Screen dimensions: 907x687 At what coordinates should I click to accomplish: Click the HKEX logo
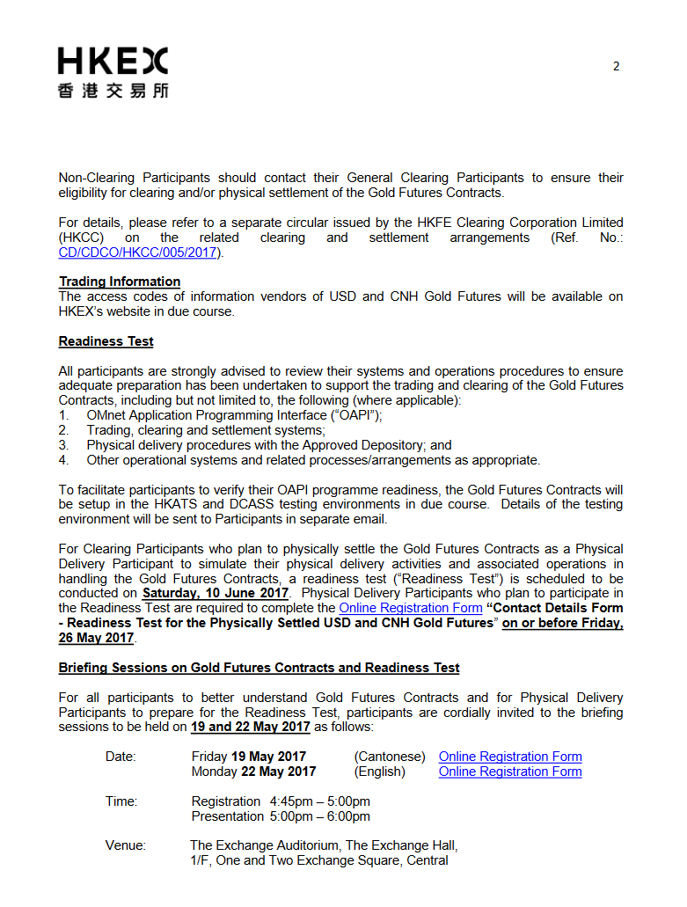113,72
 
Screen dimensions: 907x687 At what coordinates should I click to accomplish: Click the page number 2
616,66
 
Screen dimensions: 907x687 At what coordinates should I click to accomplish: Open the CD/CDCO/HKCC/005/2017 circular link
137,252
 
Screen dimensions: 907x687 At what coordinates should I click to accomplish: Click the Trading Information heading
120,282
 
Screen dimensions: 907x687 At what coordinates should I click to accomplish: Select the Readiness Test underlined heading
106,341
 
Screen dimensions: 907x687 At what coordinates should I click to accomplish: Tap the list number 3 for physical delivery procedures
63,445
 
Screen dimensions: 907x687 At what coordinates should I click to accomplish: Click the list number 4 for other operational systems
63,460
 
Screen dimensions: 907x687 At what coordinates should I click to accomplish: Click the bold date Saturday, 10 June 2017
216,593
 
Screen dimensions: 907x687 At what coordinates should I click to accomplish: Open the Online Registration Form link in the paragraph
411,608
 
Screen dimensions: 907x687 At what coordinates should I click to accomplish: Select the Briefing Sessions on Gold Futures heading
259,668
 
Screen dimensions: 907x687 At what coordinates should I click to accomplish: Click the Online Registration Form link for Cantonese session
510,757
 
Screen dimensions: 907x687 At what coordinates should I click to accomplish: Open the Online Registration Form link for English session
510,772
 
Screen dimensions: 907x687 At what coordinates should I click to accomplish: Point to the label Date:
121,757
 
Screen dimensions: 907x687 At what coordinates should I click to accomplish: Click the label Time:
121,801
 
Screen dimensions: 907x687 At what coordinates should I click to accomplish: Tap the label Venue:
126,845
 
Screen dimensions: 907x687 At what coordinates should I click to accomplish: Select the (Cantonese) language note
390,757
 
